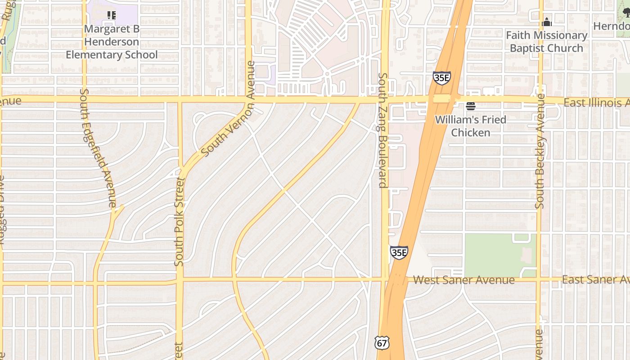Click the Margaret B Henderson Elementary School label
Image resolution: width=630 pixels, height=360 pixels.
point(112,42)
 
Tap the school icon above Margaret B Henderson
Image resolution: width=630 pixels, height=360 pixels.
point(112,15)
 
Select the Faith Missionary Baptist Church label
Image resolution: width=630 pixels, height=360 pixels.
point(546,41)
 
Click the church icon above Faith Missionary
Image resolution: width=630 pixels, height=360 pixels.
point(547,22)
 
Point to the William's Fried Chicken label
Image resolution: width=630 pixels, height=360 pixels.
point(471,126)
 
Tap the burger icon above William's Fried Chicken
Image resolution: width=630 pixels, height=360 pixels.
point(471,106)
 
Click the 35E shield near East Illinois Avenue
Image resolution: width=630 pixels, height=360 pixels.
point(441,78)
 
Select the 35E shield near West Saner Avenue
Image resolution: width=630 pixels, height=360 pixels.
point(399,252)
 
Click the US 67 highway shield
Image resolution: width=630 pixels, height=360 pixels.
point(381,343)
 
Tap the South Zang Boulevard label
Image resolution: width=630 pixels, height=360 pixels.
point(383,130)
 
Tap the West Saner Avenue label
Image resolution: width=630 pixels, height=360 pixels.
point(463,280)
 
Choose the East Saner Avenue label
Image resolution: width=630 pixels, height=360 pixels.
point(595,279)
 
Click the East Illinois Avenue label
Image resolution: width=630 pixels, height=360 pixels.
point(596,103)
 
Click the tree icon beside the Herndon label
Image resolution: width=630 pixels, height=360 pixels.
point(626,14)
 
